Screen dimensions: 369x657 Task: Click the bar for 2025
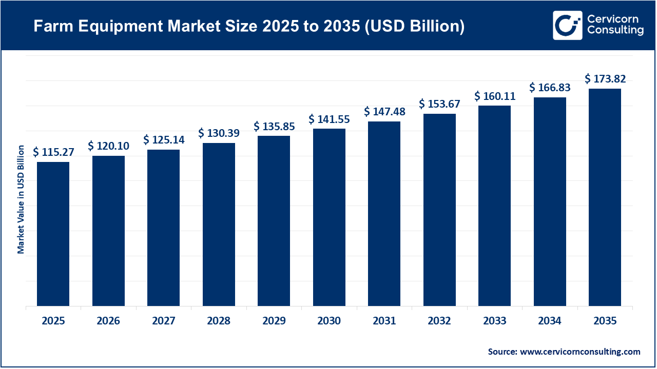[53, 234]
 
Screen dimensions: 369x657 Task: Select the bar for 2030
[329, 217]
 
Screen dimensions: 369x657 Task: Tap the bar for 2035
[605, 197]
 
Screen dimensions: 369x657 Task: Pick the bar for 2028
[219, 224]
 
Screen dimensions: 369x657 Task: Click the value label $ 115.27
[53, 152]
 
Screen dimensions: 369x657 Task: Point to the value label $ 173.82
[605, 79]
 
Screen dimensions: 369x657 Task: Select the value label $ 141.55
[329, 119]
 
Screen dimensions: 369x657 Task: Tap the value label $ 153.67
[439, 104]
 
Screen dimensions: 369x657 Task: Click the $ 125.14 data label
[164, 139]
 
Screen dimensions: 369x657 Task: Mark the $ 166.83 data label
[550, 88]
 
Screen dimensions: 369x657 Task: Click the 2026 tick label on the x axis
[108, 321]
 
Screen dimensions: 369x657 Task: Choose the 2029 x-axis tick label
[274, 321]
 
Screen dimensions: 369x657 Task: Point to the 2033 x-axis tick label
[494, 321]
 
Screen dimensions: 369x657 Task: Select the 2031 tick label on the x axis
[384, 321]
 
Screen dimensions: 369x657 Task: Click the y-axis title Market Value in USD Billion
[21, 199]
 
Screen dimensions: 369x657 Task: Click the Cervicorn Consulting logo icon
[567, 25]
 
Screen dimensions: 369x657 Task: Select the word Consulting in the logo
[615, 31]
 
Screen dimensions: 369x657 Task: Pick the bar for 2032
[439, 210]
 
